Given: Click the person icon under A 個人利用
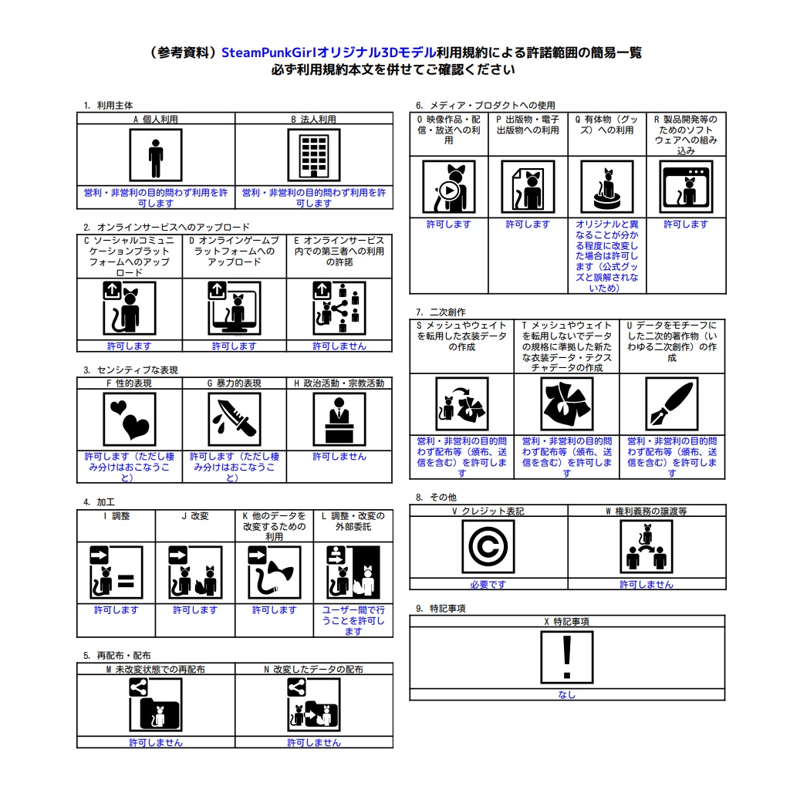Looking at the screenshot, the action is point(156,154).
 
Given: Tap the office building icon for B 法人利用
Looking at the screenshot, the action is point(314,154).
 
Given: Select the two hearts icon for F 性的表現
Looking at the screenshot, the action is point(130,419).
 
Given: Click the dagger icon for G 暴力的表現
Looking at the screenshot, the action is point(235,419).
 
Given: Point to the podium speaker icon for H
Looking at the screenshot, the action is point(339,419).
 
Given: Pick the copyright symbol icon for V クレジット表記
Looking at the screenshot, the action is point(488,547).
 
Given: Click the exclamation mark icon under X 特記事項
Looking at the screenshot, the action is point(567,657).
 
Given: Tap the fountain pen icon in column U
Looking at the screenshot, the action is point(672,403).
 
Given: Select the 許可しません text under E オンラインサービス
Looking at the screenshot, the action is point(339,346).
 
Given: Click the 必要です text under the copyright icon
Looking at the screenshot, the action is point(488,585).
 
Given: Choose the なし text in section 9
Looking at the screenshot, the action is point(567,695).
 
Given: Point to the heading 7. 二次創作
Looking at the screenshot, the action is point(441,312).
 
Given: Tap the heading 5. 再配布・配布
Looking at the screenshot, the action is point(117,656).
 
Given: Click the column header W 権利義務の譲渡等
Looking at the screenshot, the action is point(647,511).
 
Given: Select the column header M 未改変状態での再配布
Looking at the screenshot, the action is point(156,670).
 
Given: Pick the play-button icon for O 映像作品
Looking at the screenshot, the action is point(449,187).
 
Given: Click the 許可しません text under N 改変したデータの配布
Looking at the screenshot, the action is point(314,743).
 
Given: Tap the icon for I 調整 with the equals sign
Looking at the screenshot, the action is point(116,572).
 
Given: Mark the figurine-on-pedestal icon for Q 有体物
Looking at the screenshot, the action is point(607,187).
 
